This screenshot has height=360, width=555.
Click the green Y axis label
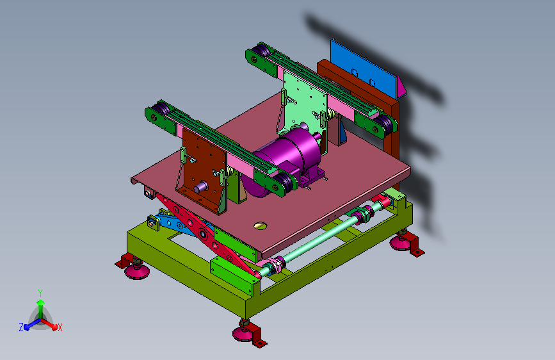point(40,293)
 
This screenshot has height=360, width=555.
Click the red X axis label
point(60,328)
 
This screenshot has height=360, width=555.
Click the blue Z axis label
point(21,327)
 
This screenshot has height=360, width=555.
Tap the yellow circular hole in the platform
point(260,225)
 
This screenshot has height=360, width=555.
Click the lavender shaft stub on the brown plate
point(201,186)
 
